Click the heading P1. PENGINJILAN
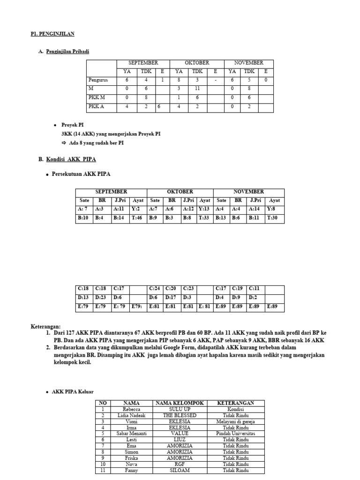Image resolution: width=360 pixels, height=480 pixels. [52, 34]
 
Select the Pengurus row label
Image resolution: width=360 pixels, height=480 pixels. [98, 80]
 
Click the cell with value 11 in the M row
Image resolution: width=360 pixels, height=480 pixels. [196, 89]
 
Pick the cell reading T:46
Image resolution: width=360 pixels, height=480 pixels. [138, 218]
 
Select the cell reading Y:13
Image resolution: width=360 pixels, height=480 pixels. [204, 209]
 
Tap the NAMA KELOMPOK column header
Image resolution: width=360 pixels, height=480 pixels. [180, 403]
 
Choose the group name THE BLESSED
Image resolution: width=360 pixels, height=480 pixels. [180, 415]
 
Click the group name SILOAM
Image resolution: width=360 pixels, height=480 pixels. [180, 471]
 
